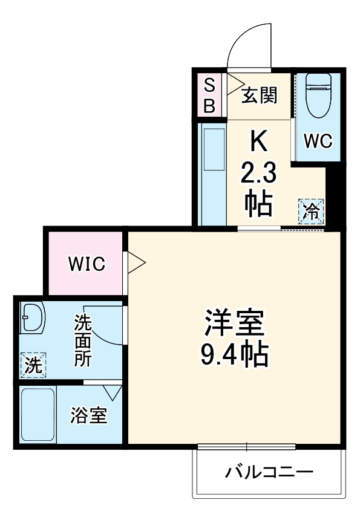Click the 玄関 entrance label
coord(260,96)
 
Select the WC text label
coord(317,141)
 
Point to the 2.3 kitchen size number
coord(258,175)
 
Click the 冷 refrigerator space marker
coord(312,211)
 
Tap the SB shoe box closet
coord(209,96)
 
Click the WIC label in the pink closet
coord(86,264)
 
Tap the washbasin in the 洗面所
coord(31,318)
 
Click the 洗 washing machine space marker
coord(33,365)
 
